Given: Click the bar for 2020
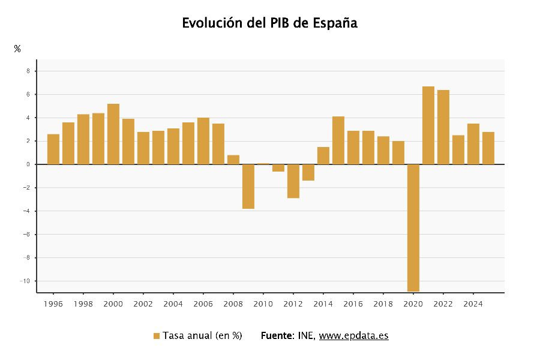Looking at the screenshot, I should [413, 227].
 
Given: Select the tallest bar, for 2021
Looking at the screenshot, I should [428, 125].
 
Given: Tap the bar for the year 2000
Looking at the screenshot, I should [113, 134].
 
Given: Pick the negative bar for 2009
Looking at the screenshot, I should [248, 186].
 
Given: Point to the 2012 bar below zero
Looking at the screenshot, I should [293, 181].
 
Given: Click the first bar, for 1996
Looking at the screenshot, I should [53, 149].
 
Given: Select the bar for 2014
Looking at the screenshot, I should [323, 155].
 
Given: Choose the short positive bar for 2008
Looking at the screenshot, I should [233, 160].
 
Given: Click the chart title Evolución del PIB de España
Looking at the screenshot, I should [269, 23].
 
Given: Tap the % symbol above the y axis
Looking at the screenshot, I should [17, 49].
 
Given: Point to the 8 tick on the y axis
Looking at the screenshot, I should [28, 71].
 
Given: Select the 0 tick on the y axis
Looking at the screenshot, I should [28, 164].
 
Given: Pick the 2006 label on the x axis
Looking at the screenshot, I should [203, 304].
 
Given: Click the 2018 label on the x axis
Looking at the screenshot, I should [383, 304].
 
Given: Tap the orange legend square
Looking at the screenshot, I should [157, 336].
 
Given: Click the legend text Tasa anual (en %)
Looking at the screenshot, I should [202, 336].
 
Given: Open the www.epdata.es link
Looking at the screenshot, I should [353, 336].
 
